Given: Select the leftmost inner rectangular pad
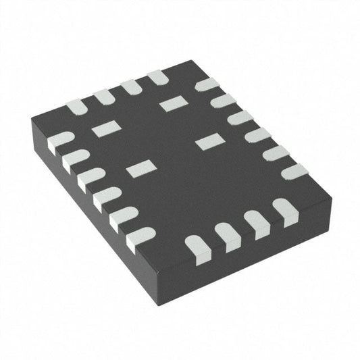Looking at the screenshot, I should [x=104, y=129].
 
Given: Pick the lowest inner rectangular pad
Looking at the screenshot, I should [x=140, y=168].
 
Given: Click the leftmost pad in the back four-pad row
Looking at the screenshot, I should [x=76, y=107].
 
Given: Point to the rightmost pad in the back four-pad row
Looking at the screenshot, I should [x=158, y=78].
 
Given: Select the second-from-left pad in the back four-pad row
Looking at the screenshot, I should [x=105, y=97].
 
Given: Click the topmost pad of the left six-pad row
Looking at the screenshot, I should [x=59, y=140].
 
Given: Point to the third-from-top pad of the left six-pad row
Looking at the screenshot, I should [x=90, y=180].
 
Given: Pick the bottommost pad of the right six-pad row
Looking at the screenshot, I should [x=294, y=171].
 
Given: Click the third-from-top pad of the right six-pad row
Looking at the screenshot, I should [x=240, y=118].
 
